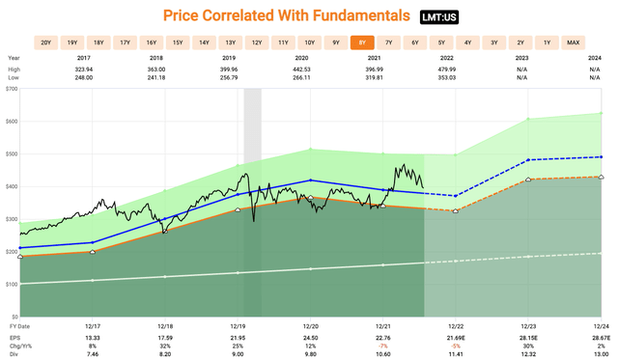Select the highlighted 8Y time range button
362,43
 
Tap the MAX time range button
574,43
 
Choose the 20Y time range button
45,43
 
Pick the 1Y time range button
547,43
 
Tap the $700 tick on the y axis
12,89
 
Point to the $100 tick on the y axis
12,284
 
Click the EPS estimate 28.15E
529,338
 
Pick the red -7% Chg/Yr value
382,346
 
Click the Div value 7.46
93,355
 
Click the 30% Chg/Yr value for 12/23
529,346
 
